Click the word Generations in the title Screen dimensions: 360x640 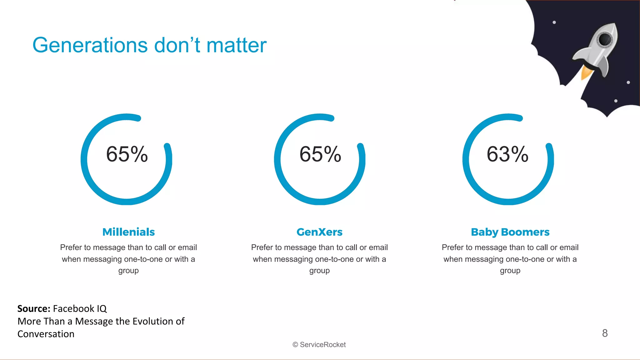pyautogui.click(x=90, y=46)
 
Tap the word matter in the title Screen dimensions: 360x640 pyautogui.click(x=236, y=46)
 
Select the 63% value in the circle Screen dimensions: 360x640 pyautogui.click(x=507, y=154)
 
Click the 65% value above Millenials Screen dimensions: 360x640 pyautogui.click(x=127, y=154)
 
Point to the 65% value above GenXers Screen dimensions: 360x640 pyautogui.click(x=320, y=154)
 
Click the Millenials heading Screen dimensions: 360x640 pyautogui.click(x=128, y=232)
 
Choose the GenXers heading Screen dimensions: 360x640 pyautogui.click(x=319, y=232)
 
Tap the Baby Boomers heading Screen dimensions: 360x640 pyautogui.click(x=510, y=232)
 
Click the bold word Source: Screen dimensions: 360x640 pyautogui.click(x=34, y=309)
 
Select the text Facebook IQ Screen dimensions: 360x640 pyautogui.click(x=80, y=309)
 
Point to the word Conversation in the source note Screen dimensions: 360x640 pyautogui.click(x=46, y=334)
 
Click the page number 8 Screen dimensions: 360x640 pyautogui.click(x=605, y=333)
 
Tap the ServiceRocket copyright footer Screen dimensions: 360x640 pyautogui.click(x=319, y=345)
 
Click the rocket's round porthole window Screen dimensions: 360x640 pyautogui.click(x=605, y=39)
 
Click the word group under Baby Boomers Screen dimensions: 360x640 pyautogui.click(x=510, y=271)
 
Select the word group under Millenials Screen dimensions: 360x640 pyautogui.click(x=128, y=271)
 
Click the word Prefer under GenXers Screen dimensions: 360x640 pyautogui.click(x=262, y=247)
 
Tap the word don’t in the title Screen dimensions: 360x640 pyautogui.click(x=177, y=46)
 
